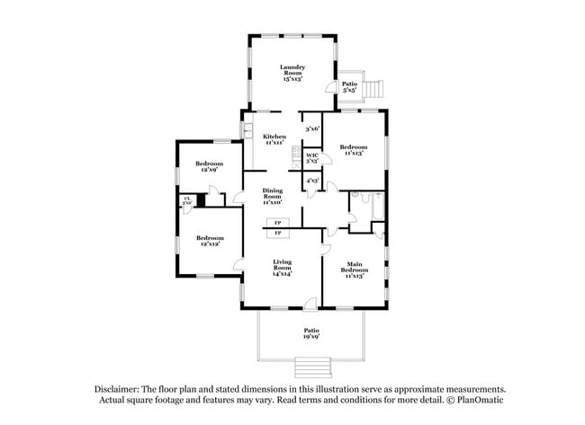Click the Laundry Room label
point(292,73)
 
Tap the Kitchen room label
point(274,139)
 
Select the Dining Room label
point(273,195)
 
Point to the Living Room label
point(283,266)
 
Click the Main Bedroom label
point(353,269)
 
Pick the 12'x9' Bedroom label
point(208,165)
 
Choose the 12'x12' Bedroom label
point(209,241)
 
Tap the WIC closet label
point(312,157)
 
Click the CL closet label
point(187,201)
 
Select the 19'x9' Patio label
point(310,333)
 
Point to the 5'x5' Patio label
point(349,87)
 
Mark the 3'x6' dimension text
point(311,128)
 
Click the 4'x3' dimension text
point(311,181)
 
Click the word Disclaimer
point(121,389)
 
